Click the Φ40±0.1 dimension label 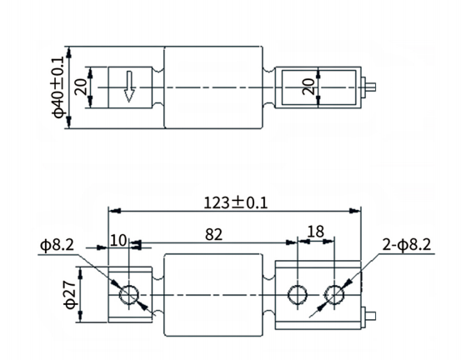tap(59, 87)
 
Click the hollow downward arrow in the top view tap(129, 87)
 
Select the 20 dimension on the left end tap(81, 87)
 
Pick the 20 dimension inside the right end tap(308, 87)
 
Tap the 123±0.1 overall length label tap(235, 202)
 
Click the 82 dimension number tap(213, 235)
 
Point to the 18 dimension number tap(315, 232)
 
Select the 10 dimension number tap(118, 240)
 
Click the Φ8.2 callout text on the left tap(57, 245)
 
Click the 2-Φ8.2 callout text tap(406, 245)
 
